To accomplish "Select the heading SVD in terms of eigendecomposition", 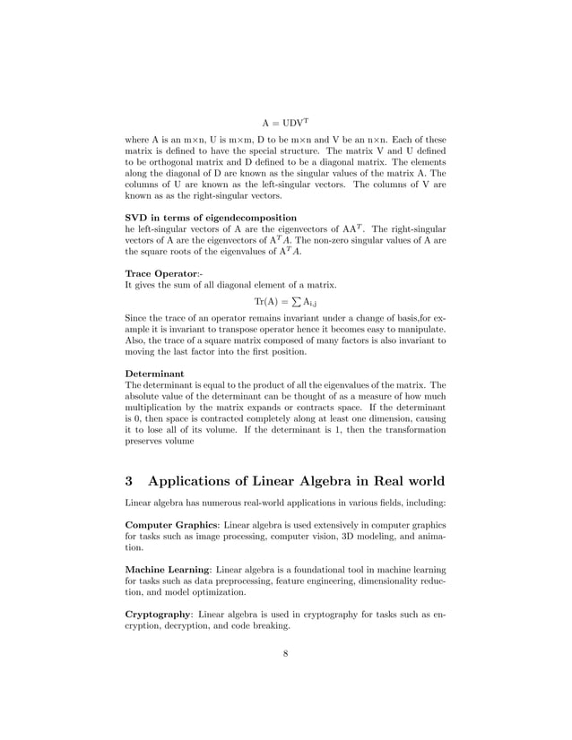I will pyautogui.click(x=211, y=218).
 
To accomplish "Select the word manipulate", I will pyautogui.click(x=410, y=330).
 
